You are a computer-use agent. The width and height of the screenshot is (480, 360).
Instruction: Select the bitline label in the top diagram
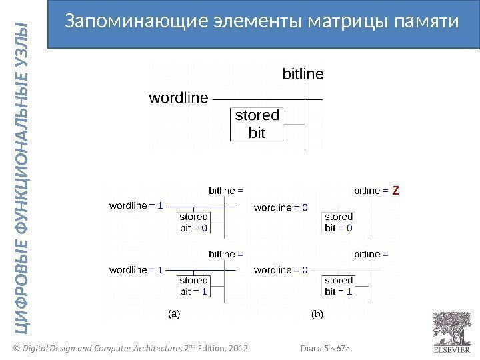303,73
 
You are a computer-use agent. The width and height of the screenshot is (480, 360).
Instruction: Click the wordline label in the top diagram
178,98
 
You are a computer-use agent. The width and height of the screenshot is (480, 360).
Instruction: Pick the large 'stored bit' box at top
257,124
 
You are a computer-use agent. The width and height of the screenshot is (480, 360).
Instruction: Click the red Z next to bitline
395,191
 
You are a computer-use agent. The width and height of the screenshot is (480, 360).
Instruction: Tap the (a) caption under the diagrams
173,312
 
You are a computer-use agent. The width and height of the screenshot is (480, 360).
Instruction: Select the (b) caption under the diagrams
317,312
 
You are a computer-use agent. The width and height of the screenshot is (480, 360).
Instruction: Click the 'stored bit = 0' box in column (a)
194,222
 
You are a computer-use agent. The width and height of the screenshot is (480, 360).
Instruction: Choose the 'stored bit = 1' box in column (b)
339,285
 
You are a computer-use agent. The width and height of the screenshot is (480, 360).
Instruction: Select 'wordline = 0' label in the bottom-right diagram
281,270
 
